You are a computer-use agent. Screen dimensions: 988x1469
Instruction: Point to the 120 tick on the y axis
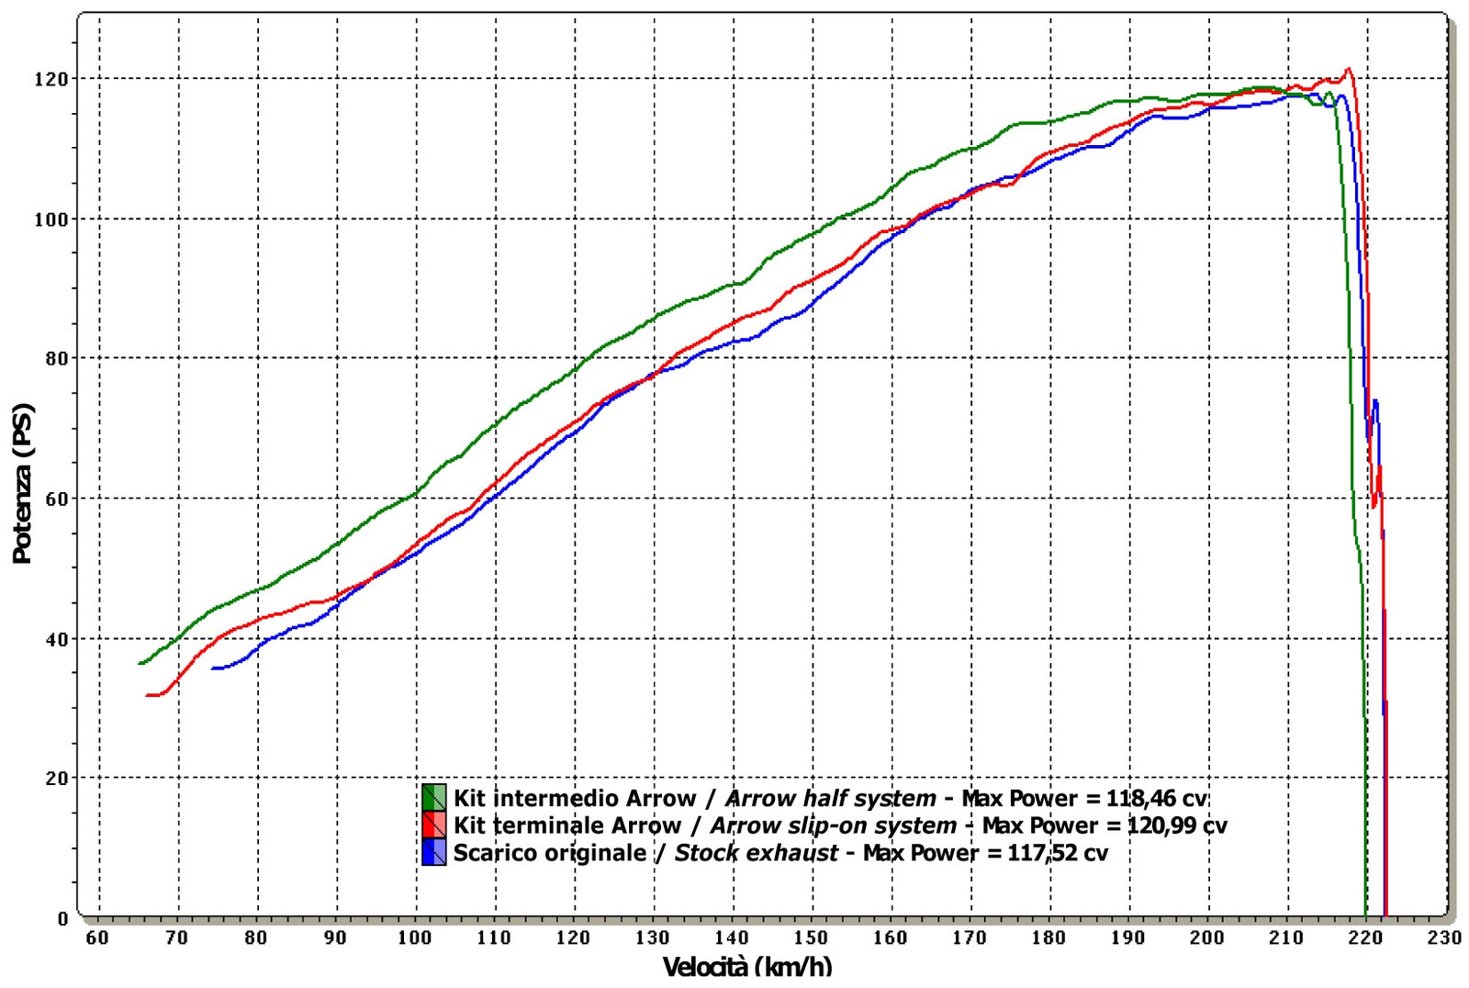coord(50,79)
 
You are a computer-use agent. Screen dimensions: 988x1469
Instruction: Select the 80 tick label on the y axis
coord(56,359)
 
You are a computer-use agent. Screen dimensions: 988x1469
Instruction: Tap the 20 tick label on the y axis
coord(56,779)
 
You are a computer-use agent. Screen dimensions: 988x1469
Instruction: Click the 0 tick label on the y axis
coord(62,918)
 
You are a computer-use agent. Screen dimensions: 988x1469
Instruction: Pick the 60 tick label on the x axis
coord(97,937)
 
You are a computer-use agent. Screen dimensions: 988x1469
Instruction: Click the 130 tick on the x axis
coord(652,937)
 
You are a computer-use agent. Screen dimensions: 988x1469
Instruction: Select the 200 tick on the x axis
coord(1206,937)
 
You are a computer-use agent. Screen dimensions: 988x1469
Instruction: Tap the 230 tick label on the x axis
coord(1444,937)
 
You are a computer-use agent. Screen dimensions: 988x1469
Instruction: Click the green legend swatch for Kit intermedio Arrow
coord(433,797)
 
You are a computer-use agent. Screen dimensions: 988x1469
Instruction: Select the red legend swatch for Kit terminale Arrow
coord(433,825)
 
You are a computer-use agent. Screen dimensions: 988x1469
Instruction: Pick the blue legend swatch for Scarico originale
coord(433,852)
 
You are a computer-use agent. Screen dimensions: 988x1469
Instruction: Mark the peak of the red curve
coord(1348,69)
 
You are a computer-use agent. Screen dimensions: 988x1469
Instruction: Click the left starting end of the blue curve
coord(213,668)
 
